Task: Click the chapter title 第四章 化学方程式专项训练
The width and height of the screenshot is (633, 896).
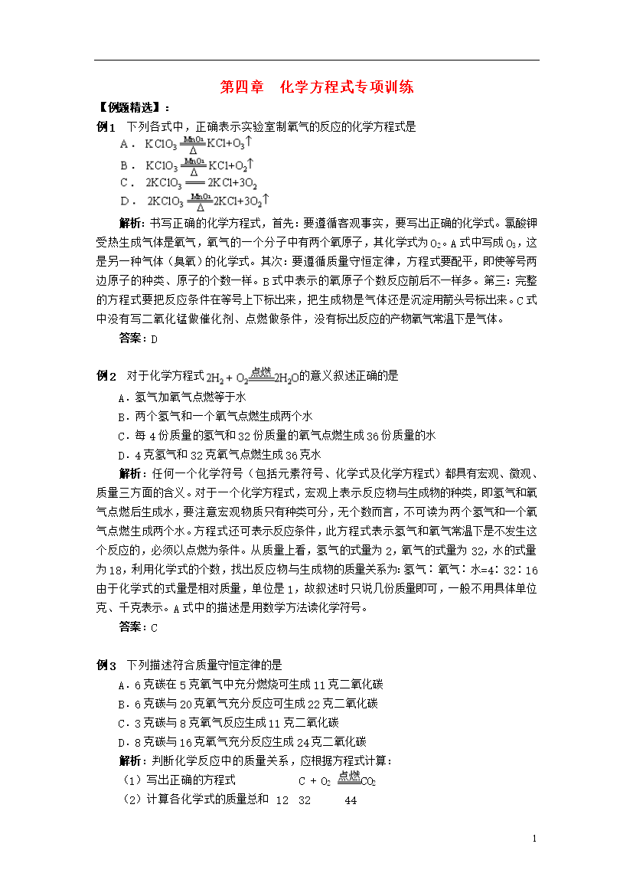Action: coord(316,87)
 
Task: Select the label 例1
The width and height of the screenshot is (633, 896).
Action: coord(106,127)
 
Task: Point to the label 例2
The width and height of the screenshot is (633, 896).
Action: coord(106,376)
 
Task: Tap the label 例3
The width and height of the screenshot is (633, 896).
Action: coord(106,665)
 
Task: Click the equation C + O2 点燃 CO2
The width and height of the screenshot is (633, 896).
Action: coord(337,780)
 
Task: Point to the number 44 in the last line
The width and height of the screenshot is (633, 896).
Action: coord(351,800)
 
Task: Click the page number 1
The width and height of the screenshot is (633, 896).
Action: coord(534,839)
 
